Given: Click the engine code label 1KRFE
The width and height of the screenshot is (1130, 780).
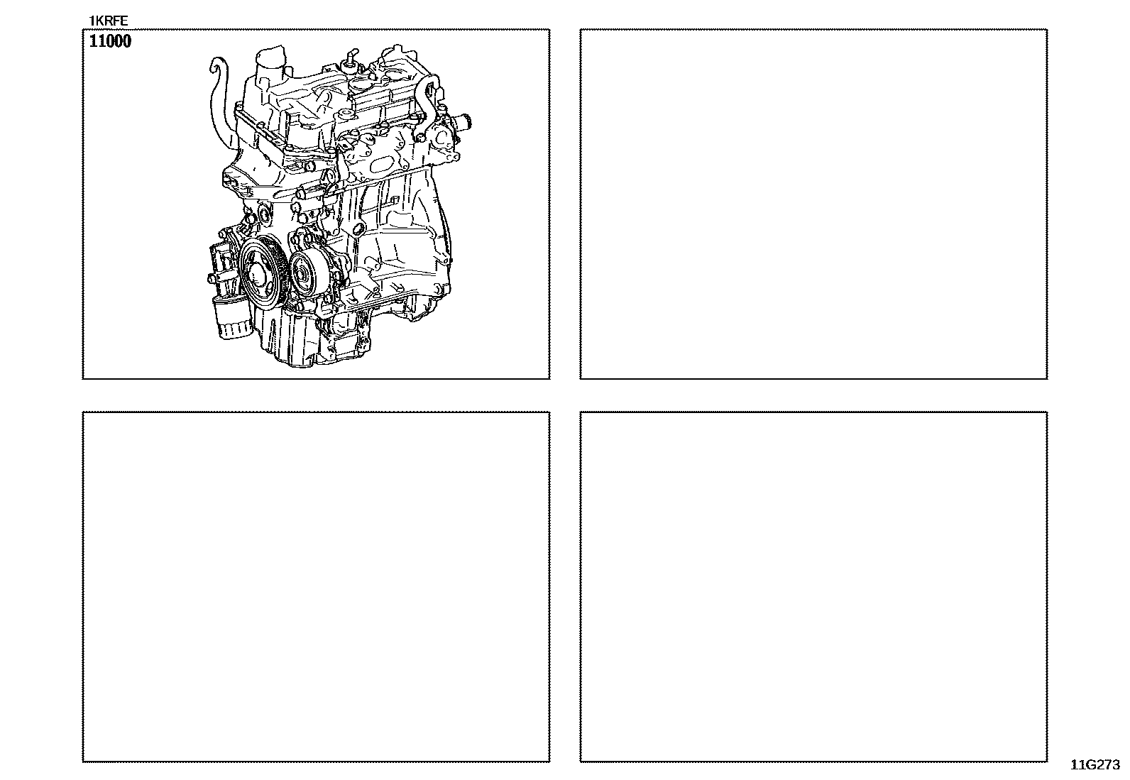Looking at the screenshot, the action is (x=109, y=21).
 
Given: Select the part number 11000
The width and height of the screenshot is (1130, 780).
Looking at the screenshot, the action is (x=110, y=41).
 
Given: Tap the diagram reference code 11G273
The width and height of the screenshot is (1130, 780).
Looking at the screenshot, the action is (x=1095, y=765).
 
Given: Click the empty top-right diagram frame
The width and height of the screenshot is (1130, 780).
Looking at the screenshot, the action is (x=813, y=29).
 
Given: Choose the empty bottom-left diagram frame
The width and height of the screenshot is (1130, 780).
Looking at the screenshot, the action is (x=316, y=412).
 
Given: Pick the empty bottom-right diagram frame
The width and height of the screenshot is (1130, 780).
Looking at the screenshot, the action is (x=813, y=412).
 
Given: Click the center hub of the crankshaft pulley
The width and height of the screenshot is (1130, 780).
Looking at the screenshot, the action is (x=256, y=275).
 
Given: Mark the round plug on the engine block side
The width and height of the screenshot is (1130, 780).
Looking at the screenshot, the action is (x=358, y=230).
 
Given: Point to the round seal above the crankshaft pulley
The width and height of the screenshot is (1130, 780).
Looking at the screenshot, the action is (x=263, y=212).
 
